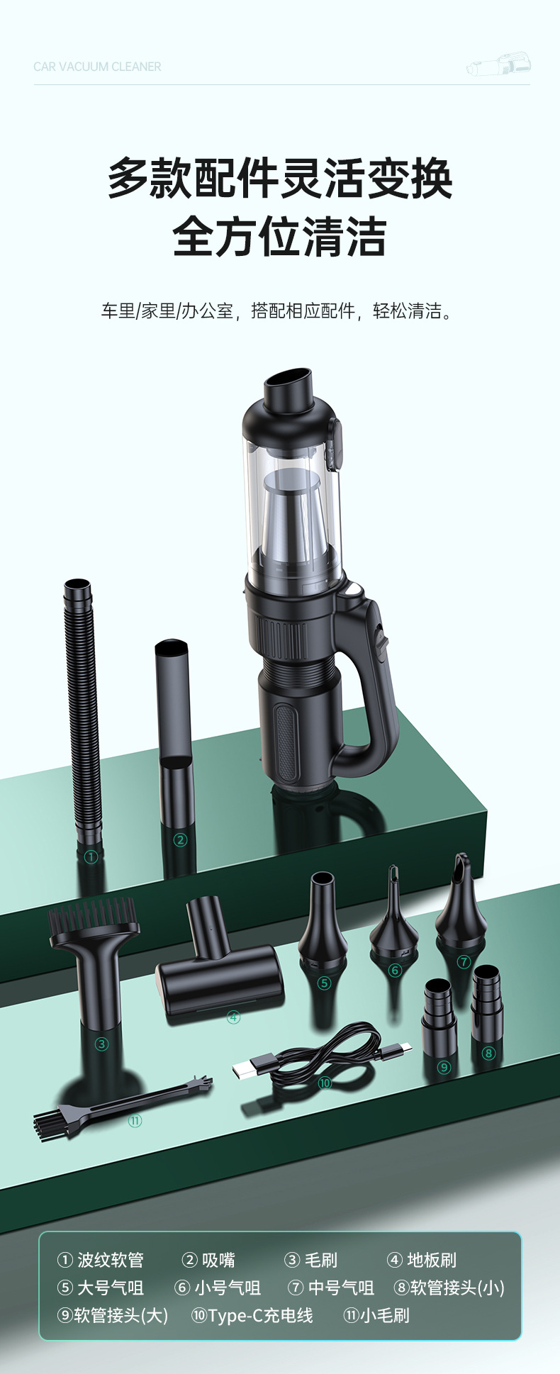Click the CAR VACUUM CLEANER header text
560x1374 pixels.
[97, 67]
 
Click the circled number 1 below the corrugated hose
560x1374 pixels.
[90, 856]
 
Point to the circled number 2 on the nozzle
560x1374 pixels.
[180, 840]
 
